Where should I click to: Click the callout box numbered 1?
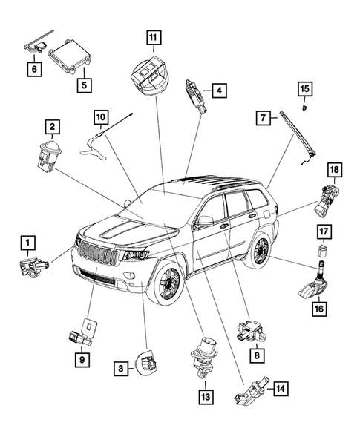tap(27, 242)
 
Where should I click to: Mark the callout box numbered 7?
tap(263, 118)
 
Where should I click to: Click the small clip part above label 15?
tap(305, 108)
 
